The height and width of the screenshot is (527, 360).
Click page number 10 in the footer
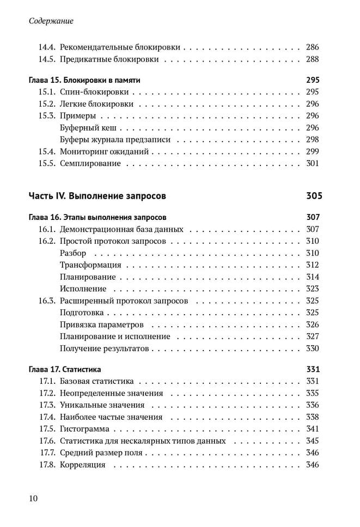pyautogui.click(x=33, y=498)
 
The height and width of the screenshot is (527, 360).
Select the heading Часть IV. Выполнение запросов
pyautogui.click(x=97, y=196)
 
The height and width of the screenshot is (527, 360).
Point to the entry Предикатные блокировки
pyautogui.click(x=109, y=59)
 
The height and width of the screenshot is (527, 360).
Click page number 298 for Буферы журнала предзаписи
pyautogui.click(x=312, y=140)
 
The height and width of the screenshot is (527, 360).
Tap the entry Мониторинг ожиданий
pyautogui.click(x=105, y=152)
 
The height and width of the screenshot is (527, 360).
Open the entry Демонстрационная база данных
pyautogui.click(x=121, y=229)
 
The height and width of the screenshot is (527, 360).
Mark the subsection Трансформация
pyautogui.click(x=91, y=265)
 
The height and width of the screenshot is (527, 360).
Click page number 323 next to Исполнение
pyautogui.click(x=312, y=289)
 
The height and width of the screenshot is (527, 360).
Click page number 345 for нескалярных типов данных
pyautogui.click(x=312, y=441)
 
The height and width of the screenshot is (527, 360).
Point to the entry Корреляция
pyautogui.click(x=83, y=465)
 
